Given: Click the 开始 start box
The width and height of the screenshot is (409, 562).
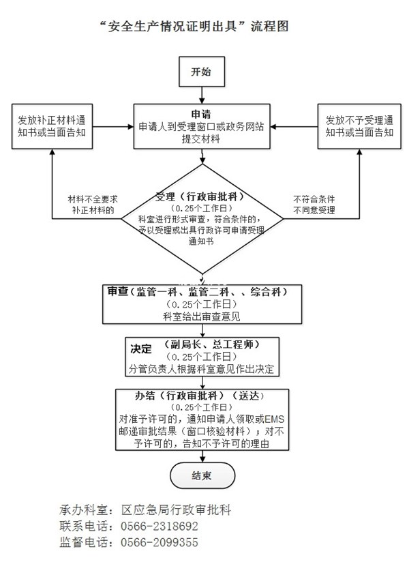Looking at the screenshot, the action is coord(202,72).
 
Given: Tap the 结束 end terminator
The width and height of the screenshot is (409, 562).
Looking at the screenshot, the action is coord(202,475).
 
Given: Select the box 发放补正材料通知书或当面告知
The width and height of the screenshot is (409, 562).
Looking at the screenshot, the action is coord(52,127).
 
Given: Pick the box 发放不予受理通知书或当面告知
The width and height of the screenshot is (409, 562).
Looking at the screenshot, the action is coord(359,127).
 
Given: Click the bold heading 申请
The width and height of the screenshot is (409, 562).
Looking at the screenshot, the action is coord(201,115).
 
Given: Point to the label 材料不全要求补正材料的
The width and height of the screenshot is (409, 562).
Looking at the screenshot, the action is coord(93,205).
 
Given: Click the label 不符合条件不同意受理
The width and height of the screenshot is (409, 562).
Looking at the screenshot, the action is coord(314,205).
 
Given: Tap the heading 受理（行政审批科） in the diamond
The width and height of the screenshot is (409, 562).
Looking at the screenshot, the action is coord(200,196).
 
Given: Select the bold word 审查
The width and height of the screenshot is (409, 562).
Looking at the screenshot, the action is coord(118,292).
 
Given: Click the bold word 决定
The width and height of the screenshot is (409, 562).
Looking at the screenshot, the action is coord(140,349).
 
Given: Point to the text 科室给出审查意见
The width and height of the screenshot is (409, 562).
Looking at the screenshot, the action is coord(202,316).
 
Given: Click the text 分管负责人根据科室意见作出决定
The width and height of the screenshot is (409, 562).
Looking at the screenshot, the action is coord(201,369).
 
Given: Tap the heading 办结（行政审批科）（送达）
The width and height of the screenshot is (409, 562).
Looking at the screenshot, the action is coord(201,396).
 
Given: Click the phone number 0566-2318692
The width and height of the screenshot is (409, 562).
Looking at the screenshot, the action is coord(160,526).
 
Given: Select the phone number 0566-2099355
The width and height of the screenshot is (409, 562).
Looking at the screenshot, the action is coord(160,542).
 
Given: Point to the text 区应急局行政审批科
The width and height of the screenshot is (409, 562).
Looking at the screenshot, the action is coord(176,509).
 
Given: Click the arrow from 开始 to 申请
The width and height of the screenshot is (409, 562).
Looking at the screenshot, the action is coord(202,95).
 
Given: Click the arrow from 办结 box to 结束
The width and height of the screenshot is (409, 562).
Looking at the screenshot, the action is coord(202,457).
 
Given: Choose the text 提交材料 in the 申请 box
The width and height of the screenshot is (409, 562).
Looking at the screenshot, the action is coord(200,139).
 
